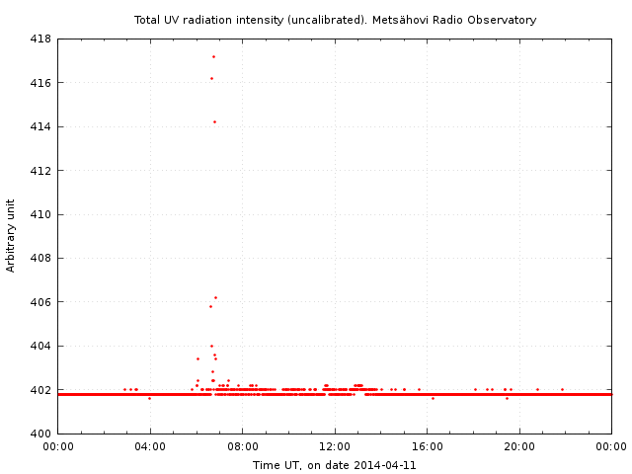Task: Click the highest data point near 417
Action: pos(213,56)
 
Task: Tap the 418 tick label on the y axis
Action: pos(40,39)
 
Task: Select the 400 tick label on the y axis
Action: pos(40,434)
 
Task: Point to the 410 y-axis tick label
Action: pos(40,214)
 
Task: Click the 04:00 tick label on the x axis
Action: pos(150,447)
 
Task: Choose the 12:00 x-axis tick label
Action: pos(335,447)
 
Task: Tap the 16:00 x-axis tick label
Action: pos(427,447)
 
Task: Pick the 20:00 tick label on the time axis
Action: pos(519,447)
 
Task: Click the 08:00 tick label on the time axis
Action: pos(242,447)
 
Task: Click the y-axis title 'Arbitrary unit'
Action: pos(11,236)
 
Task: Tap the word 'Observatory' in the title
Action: pos(503,20)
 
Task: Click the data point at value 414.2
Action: pos(214,121)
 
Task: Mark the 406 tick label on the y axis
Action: pos(40,302)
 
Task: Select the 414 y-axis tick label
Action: pos(40,127)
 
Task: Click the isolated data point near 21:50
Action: pos(562,389)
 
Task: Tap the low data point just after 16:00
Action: pos(433,398)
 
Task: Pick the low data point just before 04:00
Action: pos(149,398)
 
